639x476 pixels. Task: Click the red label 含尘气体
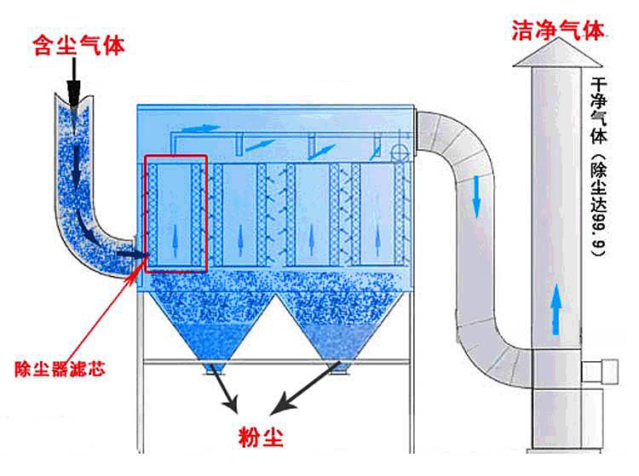[x=78, y=44]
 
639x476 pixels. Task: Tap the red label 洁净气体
[x=558, y=32]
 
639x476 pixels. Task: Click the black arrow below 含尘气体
[x=74, y=85]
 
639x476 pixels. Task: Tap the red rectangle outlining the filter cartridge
[x=176, y=213]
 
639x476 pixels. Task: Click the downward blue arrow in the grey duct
[x=476, y=196]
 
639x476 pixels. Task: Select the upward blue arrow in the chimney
[x=556, y=308]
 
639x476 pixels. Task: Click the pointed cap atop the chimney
[x=558, y=58]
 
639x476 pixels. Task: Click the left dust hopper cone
[x=210, y=328]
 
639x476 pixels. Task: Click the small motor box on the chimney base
[x=608, y=370]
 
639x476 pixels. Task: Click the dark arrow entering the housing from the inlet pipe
[x=130, y=253]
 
